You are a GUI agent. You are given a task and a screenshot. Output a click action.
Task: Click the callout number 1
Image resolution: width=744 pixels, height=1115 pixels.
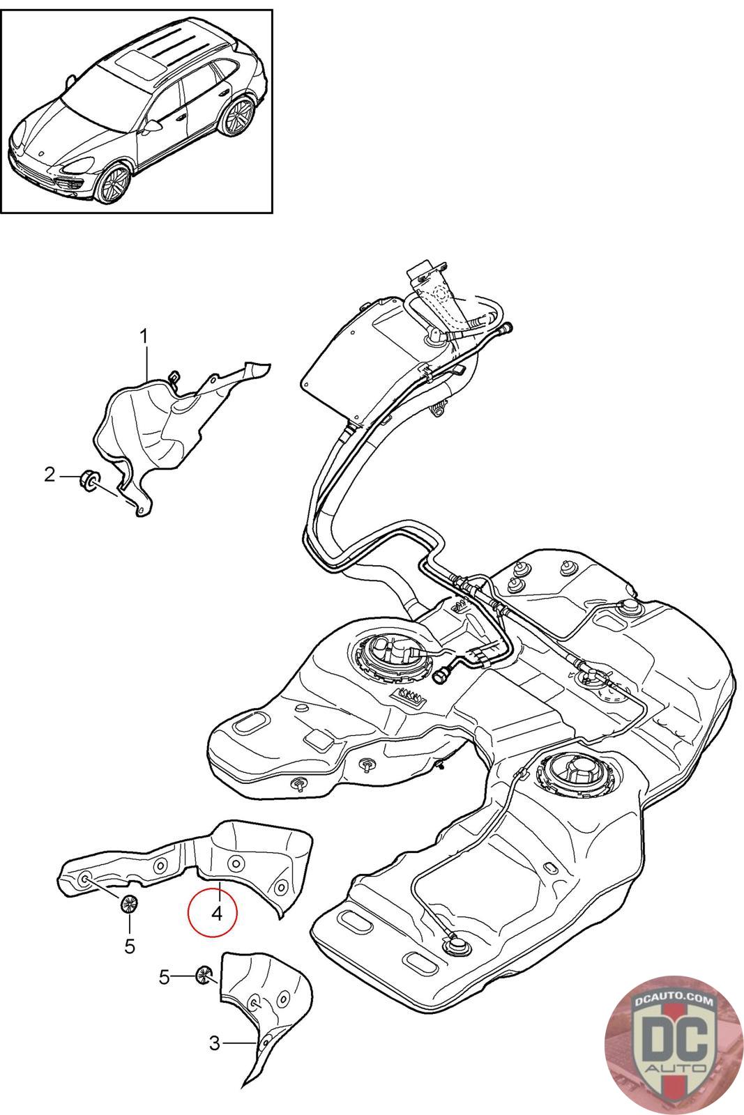click(144, 337)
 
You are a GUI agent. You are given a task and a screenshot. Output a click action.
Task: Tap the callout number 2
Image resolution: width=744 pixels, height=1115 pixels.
click(50, 475)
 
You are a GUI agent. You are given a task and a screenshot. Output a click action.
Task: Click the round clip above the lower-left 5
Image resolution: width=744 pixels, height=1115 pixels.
click(129, 903)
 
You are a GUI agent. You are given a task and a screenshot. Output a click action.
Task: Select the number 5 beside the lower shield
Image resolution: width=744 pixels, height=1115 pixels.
click(165, 977)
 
